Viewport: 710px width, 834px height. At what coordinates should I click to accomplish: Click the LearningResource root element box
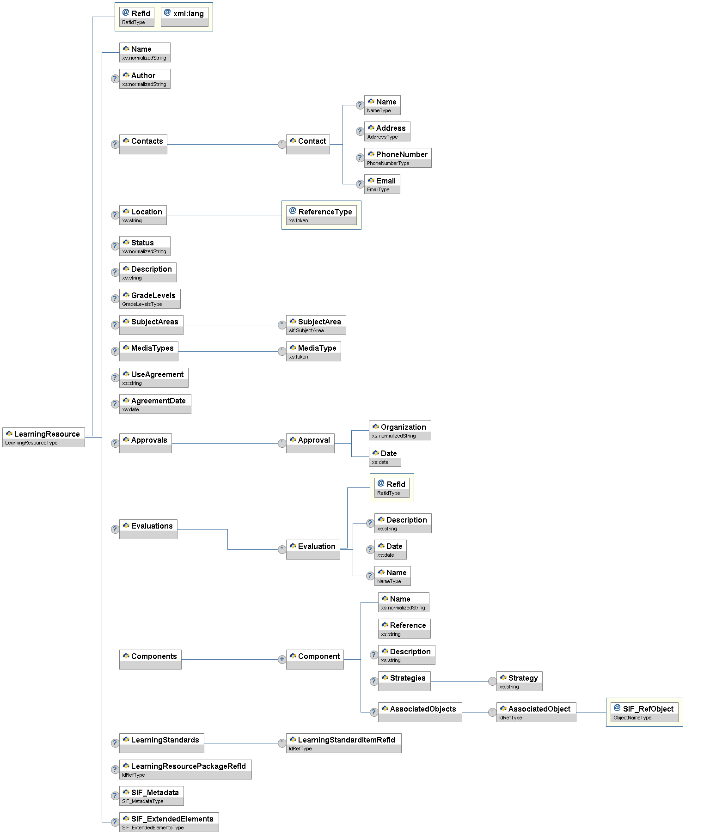[x=43, y=437]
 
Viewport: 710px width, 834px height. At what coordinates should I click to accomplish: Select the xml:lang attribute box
[x=184, y=17]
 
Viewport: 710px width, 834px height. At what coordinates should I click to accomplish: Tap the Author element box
[x=145, y=79]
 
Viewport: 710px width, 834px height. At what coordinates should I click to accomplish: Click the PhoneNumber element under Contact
[x=398, y=158]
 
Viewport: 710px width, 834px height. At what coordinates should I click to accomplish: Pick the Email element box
[x=382, y=184]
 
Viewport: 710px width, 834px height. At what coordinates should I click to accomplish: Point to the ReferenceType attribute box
[x=321, y=215]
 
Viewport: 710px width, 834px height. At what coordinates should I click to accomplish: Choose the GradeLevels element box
[x=150, y=298]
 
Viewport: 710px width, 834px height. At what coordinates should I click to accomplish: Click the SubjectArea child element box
[x=316, y=325]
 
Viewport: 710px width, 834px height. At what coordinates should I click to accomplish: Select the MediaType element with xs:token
[x=313, y=351]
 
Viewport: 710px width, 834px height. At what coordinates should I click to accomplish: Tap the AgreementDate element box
[x=155, y=404]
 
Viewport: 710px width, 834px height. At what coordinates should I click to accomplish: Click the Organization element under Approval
[x=400, y=430]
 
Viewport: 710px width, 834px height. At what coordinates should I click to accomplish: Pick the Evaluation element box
[x=313, y=549]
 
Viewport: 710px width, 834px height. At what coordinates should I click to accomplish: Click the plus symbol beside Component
[x=282, y=659]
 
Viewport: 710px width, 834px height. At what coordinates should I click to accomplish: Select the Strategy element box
[x=519, y=681]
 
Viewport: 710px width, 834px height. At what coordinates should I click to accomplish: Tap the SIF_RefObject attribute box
[x=644, y=712]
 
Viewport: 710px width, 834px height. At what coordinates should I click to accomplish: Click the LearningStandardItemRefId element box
[x=343, y=743]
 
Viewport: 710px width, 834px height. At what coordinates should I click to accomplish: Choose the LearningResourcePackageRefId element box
[x=185, y=769]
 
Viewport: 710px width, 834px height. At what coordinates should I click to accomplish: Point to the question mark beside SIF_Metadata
[x=115, y=796]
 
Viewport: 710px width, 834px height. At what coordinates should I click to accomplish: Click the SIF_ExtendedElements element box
[x=169, y=822]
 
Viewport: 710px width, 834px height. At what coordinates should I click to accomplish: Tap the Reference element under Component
[x=404, y=628]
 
